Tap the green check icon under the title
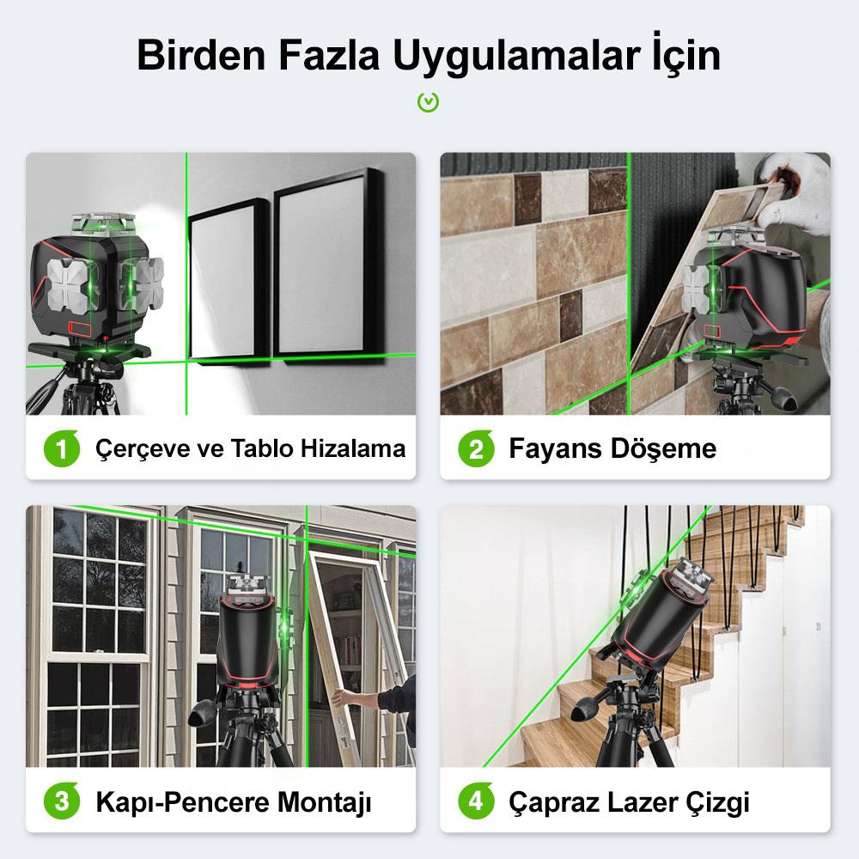coord(429,103)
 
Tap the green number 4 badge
coord(475,803)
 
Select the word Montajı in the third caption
coord(325,803)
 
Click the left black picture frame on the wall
coord(226,277)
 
